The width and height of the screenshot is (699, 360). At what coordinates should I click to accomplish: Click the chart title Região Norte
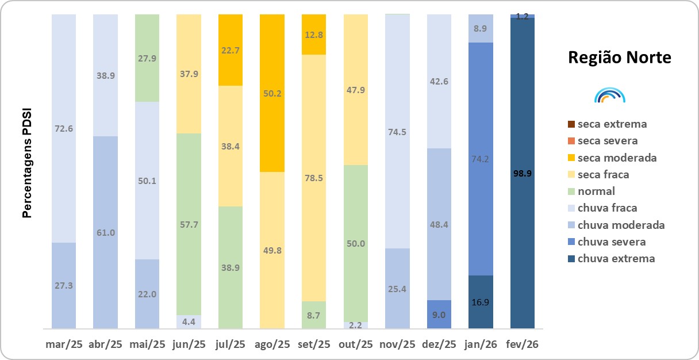[x=619, y=58]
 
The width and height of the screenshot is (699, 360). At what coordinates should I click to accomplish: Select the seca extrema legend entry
[x=612, y=124]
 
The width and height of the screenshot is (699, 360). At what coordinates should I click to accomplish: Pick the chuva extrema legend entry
[x=616, y=259]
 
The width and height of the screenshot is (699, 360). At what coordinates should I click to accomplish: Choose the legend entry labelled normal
[x=596, y=192]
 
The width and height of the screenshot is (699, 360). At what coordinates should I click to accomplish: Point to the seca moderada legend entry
[x=617, y=158]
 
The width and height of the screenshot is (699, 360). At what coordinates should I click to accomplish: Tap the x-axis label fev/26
[x=523, y=344]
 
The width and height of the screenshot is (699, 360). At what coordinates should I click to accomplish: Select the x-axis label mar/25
[x=64, y=344]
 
